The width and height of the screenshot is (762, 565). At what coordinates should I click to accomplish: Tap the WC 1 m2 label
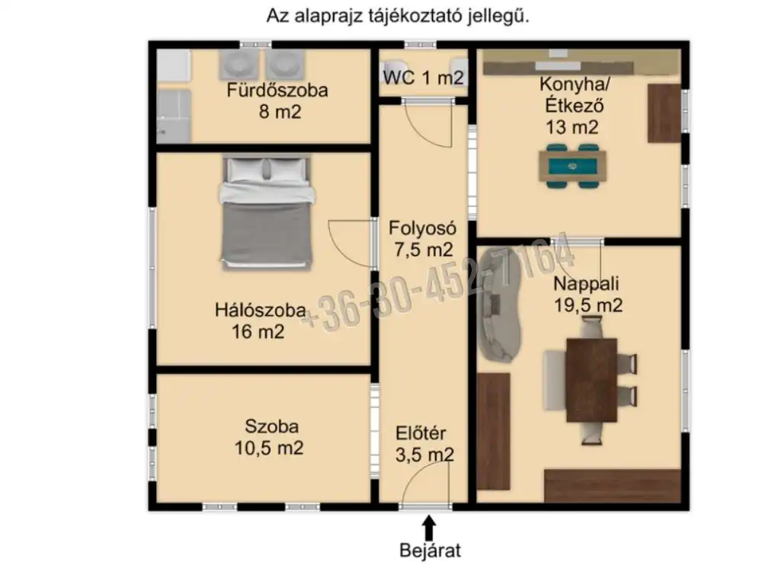423,78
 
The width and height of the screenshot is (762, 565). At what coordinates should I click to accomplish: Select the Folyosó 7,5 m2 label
423,239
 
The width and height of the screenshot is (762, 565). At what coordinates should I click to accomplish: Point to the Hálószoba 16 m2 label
260,321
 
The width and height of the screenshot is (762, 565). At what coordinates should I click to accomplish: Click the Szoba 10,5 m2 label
270,437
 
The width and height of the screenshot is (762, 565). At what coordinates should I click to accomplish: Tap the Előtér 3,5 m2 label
424,444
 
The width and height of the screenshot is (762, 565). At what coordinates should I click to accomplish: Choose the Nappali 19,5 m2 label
588,295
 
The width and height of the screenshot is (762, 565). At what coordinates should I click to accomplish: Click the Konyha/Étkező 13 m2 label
574,105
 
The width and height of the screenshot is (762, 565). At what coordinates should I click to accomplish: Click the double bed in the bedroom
266,212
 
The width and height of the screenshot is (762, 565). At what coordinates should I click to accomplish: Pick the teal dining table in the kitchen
572,166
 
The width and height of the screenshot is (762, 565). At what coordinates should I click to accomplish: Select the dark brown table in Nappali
591,380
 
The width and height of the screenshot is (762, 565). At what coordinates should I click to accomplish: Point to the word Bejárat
430,551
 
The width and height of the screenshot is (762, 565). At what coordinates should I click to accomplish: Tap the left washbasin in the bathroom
238,65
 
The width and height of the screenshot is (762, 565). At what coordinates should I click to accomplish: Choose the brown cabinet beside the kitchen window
664,113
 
